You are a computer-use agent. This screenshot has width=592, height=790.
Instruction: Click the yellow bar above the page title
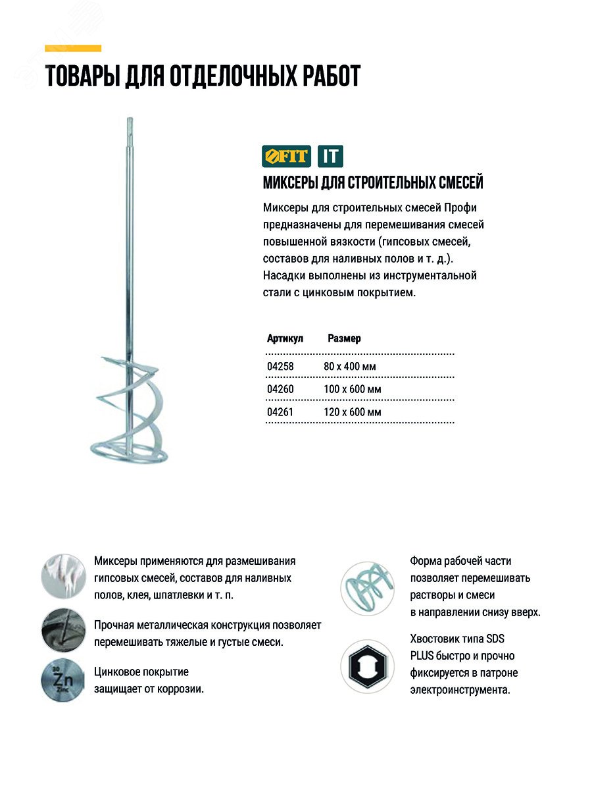[73, 48]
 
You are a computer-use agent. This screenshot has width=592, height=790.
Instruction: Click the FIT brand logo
[285, 157]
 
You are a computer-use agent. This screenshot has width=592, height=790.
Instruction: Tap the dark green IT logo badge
[330, 157]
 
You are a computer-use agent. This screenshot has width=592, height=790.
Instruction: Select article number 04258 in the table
[280, 366]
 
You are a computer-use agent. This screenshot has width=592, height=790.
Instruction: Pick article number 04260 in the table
[280, 389]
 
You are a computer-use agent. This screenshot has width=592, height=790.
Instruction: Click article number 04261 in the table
[280, 412]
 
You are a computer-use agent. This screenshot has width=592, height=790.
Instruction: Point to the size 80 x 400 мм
[350, 366]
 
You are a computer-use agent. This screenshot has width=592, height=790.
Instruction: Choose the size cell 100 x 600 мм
[353, 389]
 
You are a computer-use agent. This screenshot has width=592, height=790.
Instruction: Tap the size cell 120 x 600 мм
[353, 412]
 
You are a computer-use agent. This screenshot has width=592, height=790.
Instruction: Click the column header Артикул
[285, 338]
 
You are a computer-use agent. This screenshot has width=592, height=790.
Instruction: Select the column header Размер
[344, 338]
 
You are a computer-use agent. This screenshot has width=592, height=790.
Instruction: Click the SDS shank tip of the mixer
[128, 125]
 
